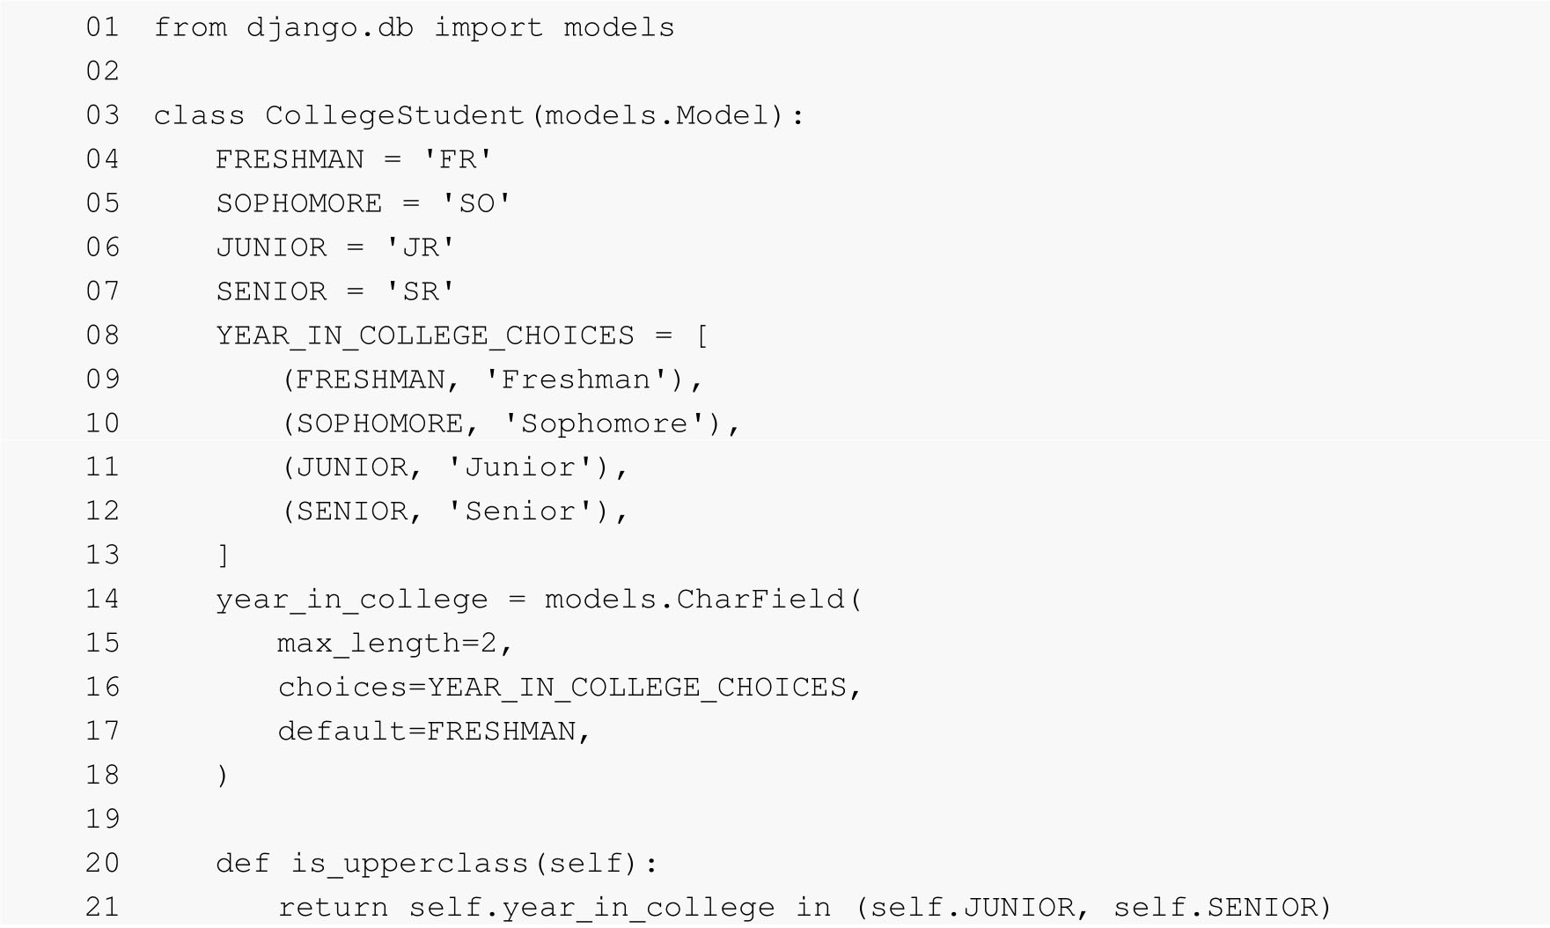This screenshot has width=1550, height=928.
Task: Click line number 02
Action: click(x=102, y=71)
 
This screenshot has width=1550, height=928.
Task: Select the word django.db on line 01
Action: click(x=329, y=27)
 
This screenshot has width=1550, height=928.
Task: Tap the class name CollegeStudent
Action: click(x=394, y=115)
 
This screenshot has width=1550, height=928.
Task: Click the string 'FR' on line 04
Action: click(x=457, y=159)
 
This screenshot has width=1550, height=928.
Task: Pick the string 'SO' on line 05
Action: click(x=476, y=203)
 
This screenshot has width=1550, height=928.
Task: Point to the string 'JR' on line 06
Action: click(x=420, y=247)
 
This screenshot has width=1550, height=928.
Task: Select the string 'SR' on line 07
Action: click(x=420, y=291)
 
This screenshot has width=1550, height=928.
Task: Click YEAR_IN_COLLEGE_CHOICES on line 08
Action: click(x=425, y=335)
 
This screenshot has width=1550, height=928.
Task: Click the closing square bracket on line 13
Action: click(x=223, y=556)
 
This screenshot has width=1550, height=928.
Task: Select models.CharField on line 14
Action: click(x=695, y=600)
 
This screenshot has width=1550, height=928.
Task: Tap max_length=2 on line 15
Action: click(x=387, y=644)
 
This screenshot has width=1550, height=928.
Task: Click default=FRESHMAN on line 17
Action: click(x=426, y=732)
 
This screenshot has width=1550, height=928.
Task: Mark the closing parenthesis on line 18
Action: click(x=222, y=776)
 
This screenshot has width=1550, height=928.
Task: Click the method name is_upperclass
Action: click(x=410, y=864)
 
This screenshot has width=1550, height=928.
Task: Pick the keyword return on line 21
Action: click(x=333, y=908)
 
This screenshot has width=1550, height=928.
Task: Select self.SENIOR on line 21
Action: click(x=1215, y=908)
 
